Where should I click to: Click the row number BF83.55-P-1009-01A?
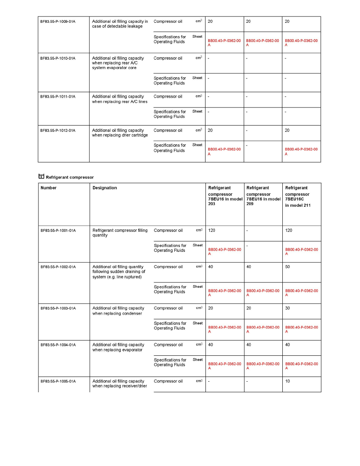click(x=58, y=22)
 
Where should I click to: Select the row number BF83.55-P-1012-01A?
click(x=58, y=131)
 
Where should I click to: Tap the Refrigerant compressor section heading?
click(x=70, y=177)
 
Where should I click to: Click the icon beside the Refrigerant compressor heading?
click(x=41, y=177)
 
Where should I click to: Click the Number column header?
click(x=49, y=188)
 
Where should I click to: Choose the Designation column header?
click(x=105, y=188)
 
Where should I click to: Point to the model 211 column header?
click(x=297, y=197)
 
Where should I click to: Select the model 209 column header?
click(x=263, y=193)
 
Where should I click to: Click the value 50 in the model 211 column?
click(x=288, y=267)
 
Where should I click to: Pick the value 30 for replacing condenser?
click(x=288, y=308)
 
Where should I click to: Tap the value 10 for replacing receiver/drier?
click(x=288, y=381)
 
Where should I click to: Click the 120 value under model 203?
click(x=212, y=230)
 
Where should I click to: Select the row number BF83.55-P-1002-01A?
click(x=58, y=267)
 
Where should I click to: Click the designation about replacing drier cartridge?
click(x=120, y=133)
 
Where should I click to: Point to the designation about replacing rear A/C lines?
click(x=120, y=99)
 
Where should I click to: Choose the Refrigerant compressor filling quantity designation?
click(x=120, y=233)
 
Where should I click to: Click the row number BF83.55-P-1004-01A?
click(x=58, y=345)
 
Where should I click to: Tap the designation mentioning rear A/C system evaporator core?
click(x=118, y=63)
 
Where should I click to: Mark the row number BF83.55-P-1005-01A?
click(x=58, y=381)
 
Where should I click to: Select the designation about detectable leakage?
click(x=120, y=24)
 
